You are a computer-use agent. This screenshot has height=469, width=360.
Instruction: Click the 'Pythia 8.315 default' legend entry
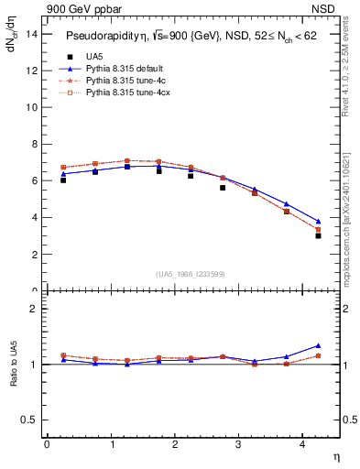tap(125, 69)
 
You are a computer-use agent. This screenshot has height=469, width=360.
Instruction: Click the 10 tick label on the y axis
tap(32, 107)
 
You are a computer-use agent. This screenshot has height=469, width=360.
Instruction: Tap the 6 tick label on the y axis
tap(35, 181)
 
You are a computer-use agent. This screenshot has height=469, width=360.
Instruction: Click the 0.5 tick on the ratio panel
tap(29, 420)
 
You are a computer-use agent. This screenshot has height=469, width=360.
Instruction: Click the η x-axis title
tap(335, 455)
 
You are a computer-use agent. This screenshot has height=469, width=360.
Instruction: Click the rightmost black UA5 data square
tap(318, 235)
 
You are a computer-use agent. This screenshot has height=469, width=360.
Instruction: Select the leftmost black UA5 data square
tap(63, 180)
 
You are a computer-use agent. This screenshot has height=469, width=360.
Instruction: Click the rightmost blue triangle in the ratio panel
tap(318, 346)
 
